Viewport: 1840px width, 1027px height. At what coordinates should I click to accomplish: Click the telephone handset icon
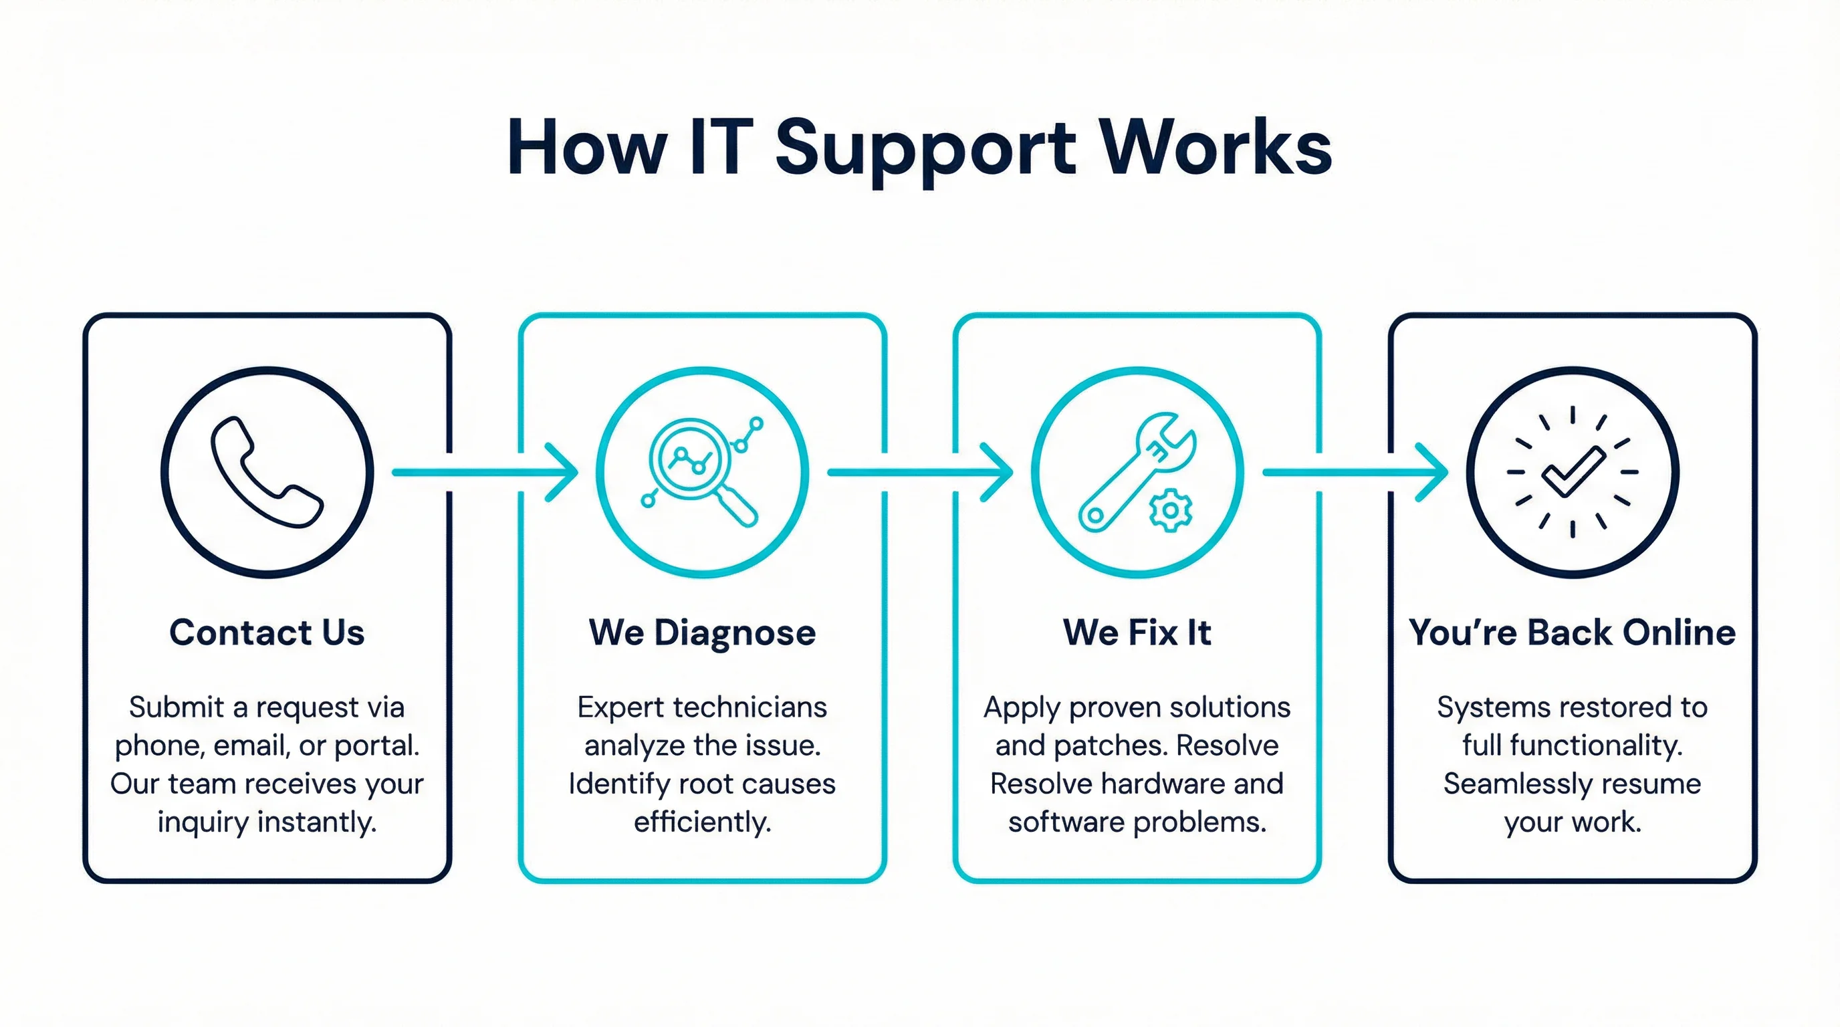click(265, 472)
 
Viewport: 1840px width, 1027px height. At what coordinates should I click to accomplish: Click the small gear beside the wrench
click(1170, 510)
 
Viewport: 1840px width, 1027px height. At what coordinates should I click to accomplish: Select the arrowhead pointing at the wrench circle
click(1000, 472)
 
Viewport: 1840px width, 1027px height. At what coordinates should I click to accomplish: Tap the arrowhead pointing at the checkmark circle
click(1435, 472)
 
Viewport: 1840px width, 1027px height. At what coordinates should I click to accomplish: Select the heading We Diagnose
click(701, 633)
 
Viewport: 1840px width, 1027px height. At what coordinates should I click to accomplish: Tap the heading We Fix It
click(1137, 633)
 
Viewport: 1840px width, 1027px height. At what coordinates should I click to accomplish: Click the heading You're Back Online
click(1572, 633)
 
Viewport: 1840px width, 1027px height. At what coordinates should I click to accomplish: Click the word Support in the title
click(925, 148)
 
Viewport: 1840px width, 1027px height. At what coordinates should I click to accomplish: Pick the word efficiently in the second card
click(702, 822)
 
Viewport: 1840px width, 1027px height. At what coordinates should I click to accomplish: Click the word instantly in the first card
click(316, 822)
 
